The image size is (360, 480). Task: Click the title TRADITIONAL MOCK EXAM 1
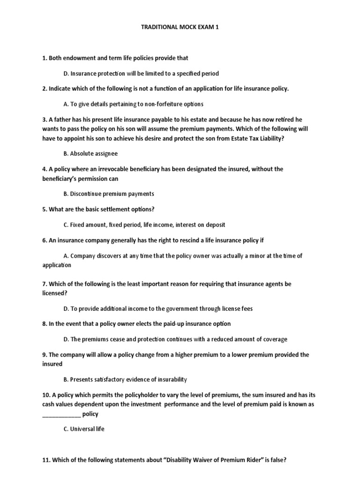pyautogui.click(x=180, y=27)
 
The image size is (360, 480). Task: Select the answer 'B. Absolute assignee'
pyautogui.click(x=90, y=153)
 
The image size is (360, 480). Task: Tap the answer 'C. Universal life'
pyautogui.click(x=83, y=429)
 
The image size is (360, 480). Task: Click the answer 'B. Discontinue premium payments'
pyautogui.click(x=108, y=194)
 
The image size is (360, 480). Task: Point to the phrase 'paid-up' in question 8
pyautogui.click(x=155, y=324)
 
